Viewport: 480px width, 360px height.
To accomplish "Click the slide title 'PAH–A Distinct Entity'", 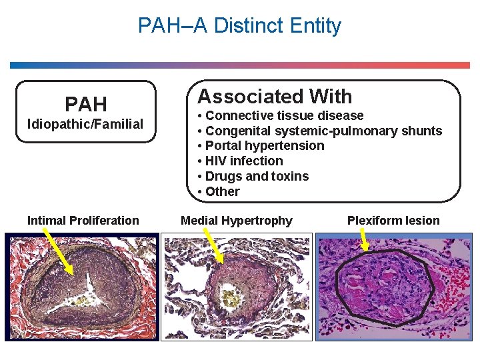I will (239, 26).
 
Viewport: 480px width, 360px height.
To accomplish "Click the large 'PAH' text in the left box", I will (85, 105).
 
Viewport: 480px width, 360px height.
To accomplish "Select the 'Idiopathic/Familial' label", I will (85, 124).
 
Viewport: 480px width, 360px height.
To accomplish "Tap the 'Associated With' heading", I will (275, 97).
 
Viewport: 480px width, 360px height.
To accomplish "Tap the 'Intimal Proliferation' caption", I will (83, 221).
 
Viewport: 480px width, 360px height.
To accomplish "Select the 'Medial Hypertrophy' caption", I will (237, 221).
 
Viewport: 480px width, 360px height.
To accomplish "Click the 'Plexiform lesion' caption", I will (393, 221).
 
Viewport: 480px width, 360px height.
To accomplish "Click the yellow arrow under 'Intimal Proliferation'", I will (58, 249).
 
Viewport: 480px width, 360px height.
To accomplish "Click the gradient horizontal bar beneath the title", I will (240, 65).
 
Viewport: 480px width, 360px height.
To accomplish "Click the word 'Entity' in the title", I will (315, 26).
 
